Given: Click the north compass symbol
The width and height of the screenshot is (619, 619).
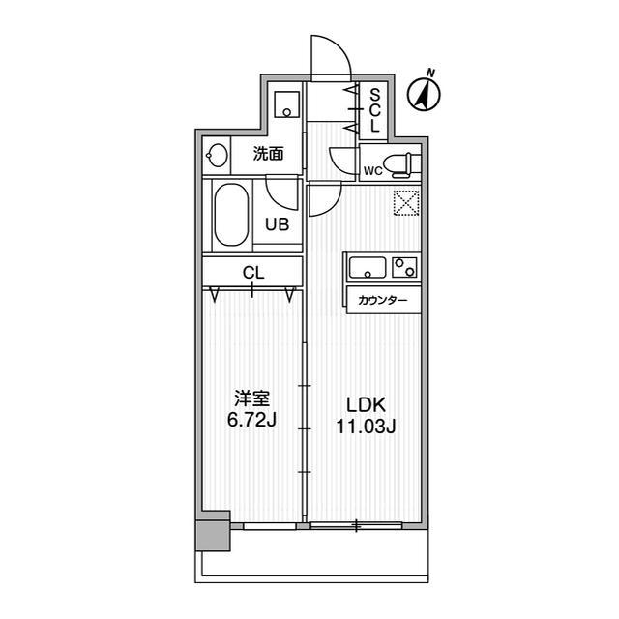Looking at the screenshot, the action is point(425,93).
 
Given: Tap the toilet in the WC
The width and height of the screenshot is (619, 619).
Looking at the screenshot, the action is point(402,165).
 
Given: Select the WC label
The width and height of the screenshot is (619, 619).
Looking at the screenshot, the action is point(373,171).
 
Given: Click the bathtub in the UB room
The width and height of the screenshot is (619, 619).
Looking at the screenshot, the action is point(231,215).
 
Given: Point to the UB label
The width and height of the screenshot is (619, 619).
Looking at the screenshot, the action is point(278,224).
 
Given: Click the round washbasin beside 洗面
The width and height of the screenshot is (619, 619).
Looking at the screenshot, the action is point(217,155).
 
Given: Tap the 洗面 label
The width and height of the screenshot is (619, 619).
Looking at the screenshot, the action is point(269,154).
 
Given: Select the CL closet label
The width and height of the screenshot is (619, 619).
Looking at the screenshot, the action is point(253,273).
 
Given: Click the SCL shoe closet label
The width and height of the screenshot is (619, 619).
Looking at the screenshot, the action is point(374,110).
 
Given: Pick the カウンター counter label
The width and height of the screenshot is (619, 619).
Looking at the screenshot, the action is point(383,301).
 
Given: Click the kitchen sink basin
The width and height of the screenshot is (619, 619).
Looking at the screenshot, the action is point(368,267).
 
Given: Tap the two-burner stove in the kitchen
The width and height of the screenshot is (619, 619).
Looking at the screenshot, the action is point(404,267).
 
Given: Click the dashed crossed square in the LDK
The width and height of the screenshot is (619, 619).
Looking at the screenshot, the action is point(406,203).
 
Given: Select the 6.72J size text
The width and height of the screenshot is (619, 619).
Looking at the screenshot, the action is point(251,420).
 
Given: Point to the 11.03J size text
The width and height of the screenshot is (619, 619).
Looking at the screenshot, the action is point(366,427).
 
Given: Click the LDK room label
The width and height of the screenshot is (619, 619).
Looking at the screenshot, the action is point(366,405).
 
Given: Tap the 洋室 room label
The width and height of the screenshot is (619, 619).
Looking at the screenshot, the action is point(251,398).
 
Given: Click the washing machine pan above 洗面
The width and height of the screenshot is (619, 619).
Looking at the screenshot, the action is point(287,104).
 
